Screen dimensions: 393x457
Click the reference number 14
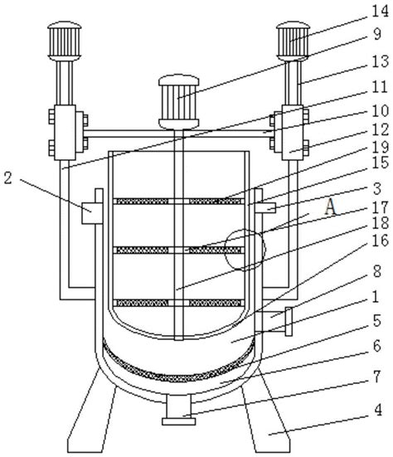point(380,12)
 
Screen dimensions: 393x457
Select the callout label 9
point(376,34)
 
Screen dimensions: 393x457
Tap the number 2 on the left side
point(7,177)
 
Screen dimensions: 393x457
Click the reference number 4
point(378,411)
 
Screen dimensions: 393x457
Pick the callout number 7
point(377,377)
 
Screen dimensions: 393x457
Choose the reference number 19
point(381,147)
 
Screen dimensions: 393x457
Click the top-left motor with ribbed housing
point(65,41)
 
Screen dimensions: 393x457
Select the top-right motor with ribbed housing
point(293,41)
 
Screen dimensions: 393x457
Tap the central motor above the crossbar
point(179,102)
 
